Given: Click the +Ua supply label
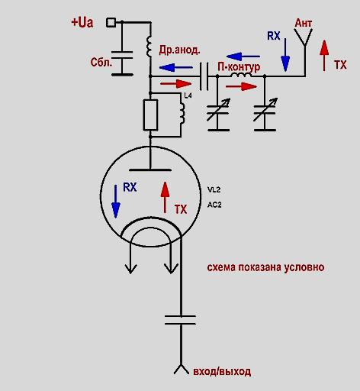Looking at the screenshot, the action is (x=82, y=22).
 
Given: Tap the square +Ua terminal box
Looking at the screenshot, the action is (x=111, y=22).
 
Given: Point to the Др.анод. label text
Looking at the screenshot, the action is (x=179, y=50).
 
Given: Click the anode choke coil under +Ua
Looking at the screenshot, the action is (x=149, y=46).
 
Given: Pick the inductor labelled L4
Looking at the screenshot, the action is (x=182, y=113).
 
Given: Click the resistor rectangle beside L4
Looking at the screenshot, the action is (x=150, y=115).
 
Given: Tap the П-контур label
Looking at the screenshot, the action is (x=239, y=67).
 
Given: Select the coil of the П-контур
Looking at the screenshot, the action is (x=241, y=75).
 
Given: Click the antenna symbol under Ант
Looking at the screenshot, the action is (x=304, y=37).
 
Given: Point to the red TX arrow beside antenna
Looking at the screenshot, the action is (x=324, y=55).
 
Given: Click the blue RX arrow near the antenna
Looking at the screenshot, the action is (x=285, y=55).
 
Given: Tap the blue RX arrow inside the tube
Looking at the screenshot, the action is (x=116, y=202).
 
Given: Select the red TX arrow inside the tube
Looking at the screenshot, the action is (x=166, y=198).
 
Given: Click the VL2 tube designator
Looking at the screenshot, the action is (x=214, y=189).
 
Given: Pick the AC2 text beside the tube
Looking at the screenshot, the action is (x=214, y=205).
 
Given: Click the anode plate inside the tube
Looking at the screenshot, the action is (x=150, y=170).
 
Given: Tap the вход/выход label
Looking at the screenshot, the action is (x=222, y=372).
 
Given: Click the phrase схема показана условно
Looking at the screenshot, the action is (x=265, y=267).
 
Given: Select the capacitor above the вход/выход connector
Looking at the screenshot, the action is (x=181, y=320).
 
